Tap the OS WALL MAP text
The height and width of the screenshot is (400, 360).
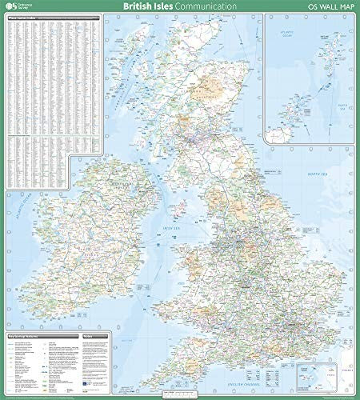click(328, 6)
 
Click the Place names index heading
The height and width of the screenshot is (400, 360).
click(24, 18)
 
